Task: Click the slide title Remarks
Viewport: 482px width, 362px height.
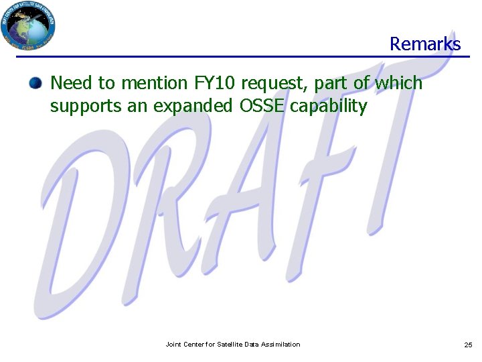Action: click(425, 44)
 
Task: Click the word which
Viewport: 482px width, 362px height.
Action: click(399, 83)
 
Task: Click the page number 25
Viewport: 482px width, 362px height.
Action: click(468, 345)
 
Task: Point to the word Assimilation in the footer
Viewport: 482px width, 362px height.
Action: click(281, 345)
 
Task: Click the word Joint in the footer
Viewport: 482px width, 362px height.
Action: click(173, 345)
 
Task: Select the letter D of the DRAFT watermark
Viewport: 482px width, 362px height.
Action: click(87, 228)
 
